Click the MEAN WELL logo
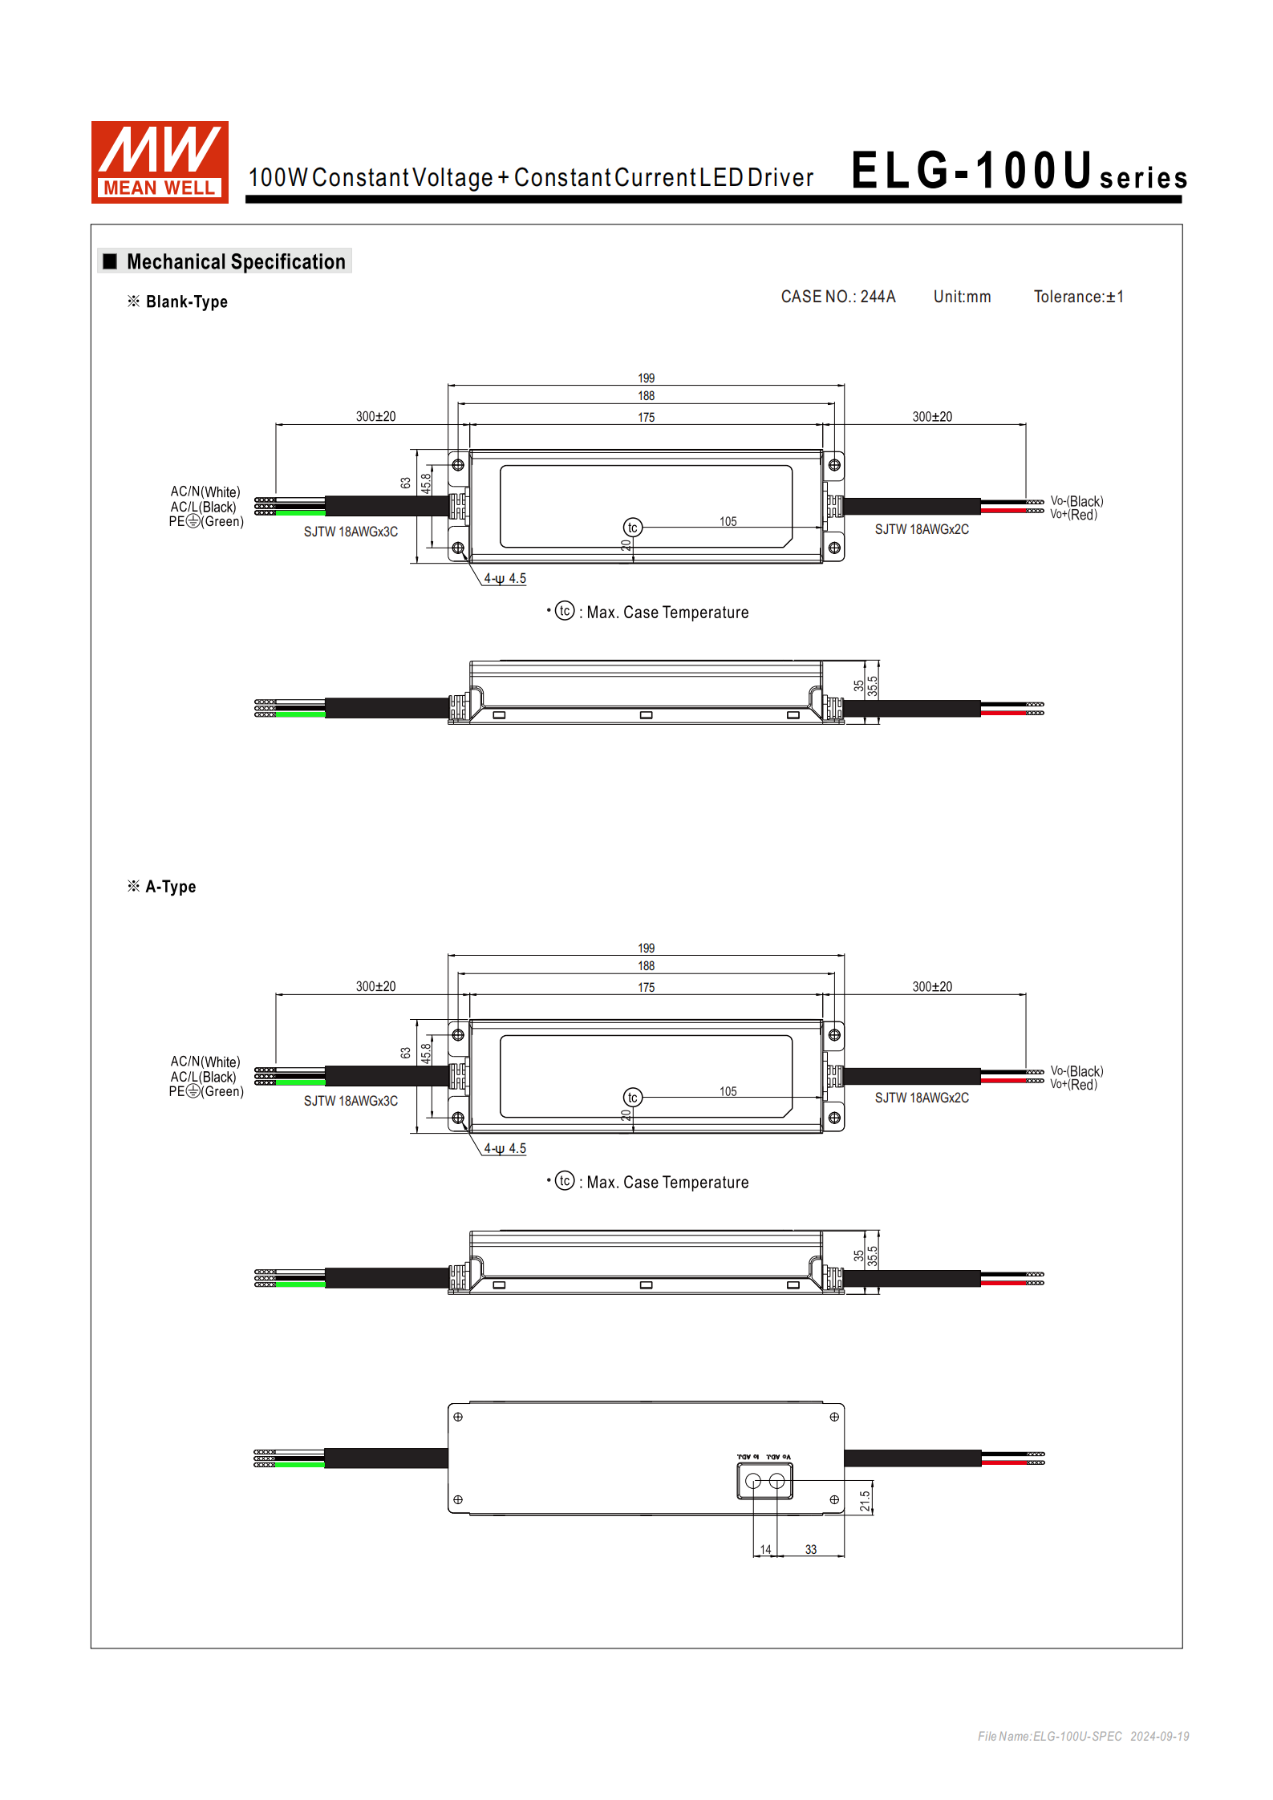(160, 162)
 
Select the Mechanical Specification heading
(235, 262)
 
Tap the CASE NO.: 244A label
(837, 297)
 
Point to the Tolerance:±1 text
(1078, 297)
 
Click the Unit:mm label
(961, 297)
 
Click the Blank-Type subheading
(186, 302)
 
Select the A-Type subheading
(170, 887)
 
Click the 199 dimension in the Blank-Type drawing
(646, 378)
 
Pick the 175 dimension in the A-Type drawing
(646, 988)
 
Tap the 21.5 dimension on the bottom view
(865, 1501)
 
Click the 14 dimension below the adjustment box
(765, 1550)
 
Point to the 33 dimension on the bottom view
(810, 1550)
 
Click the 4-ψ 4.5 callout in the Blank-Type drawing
(505, 579)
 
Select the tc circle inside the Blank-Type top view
(632, 528)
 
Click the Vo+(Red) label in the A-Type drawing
(1073, 1085)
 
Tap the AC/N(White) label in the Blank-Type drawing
(205, 491)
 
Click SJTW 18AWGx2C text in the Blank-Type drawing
(921, 530)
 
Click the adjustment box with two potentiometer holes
(764, 1481)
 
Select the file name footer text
(1082, 1736)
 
